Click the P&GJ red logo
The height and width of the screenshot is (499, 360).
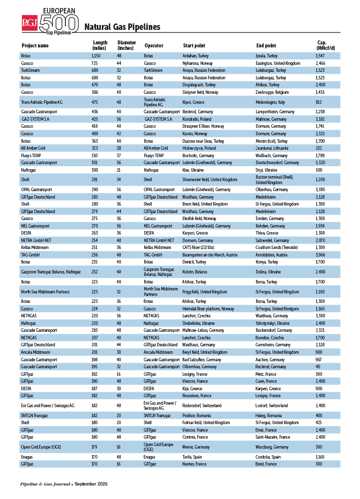click(30, 22)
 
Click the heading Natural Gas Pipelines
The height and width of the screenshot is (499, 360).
click(122, 27)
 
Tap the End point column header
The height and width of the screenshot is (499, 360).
click(266, 46)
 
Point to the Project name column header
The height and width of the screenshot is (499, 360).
click(35, 46)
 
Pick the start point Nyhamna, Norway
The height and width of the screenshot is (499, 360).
click(198, 63)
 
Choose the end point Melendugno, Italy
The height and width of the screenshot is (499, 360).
click(271, 102)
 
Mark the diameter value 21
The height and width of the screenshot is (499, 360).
click(119, 170)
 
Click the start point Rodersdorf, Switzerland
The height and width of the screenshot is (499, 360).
click(202, 406)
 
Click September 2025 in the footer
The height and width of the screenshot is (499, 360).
click(91, 485)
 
